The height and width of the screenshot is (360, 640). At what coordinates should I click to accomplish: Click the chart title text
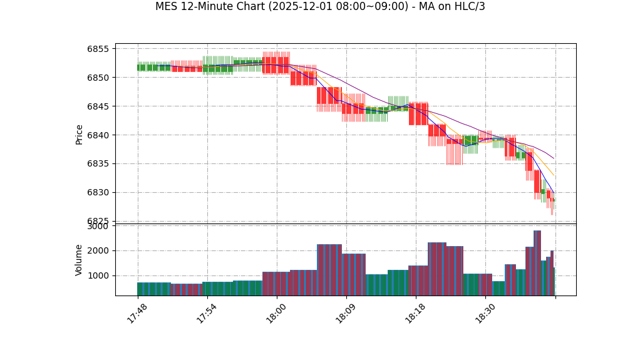pyautogui.click(x=320, y=7)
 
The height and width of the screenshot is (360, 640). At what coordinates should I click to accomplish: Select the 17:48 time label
pyautogui.click(x=138, y=312)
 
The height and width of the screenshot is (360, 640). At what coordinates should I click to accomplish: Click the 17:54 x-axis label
pyautogui.click(x=207, y=312)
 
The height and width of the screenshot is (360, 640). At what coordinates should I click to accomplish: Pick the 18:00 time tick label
pyautogui.click(x=276, y=312)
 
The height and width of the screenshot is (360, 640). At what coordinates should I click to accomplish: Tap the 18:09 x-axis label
pyautogui.click(x=346, y=312)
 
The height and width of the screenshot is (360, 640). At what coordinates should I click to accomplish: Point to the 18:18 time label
pyautogui.click(x=415, y=312)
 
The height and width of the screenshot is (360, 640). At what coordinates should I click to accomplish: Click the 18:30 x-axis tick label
pyautogui.click(x=485, y=312)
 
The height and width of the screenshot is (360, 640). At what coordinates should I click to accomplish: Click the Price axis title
pyautogui.click(x=80, y=134)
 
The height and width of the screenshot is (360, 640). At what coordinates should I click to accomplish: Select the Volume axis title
pyautogui.click(x=80, y=260)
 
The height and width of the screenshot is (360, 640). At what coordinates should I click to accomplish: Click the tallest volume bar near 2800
pyautogui.click(x=537, y=263)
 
